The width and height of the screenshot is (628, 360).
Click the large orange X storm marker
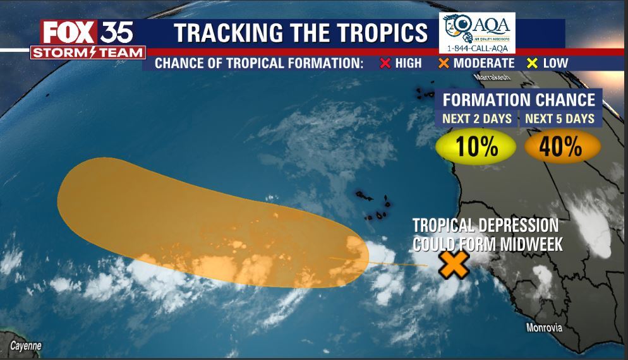454,265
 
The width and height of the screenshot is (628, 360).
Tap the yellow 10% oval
476,147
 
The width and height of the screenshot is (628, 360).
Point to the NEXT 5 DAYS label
560,118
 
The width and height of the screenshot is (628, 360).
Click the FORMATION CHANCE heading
518,100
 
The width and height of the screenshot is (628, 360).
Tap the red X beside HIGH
384,63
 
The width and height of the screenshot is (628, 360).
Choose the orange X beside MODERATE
444,63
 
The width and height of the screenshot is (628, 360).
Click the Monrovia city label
544,328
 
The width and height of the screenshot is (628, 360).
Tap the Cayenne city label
26,346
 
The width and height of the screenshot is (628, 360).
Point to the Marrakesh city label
491,77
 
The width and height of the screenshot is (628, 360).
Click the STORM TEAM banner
88,52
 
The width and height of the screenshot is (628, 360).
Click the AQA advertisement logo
477,28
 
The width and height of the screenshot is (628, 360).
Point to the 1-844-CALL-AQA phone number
477,49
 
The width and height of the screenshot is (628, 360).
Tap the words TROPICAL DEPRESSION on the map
485,226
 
